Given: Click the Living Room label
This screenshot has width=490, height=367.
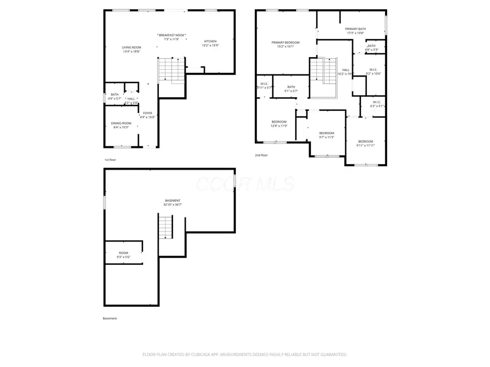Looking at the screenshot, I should [x=131, y=48].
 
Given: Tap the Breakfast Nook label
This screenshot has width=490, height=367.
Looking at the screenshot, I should [x=171, y=35].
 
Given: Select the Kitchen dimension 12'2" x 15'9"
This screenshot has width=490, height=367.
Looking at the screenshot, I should [x=210, y=46].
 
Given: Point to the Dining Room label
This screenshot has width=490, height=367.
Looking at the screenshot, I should [x=121, y=123].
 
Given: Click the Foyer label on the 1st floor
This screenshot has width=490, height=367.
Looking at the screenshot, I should [x=148, y=113].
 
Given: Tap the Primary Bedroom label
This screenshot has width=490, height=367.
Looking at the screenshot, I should [x=285, y=42].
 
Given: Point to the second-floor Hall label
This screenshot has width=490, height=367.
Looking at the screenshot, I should [x=346, y=70].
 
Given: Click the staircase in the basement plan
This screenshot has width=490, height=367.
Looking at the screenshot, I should [x=165, y=227].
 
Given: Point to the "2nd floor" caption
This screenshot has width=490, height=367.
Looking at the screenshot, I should [x=261, y=155].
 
